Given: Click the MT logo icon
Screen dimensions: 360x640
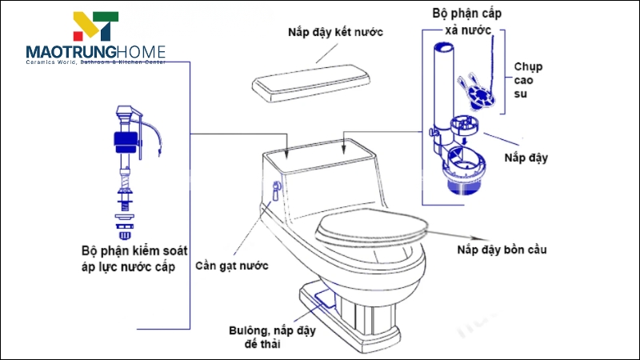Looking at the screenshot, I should click(95, 28).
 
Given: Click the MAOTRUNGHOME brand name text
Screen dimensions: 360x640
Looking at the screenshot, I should click(95, 52).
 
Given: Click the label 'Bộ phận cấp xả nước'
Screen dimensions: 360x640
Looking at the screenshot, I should click(467, 21).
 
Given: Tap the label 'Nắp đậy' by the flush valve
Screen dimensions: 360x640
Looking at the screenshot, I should click(526, 158).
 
